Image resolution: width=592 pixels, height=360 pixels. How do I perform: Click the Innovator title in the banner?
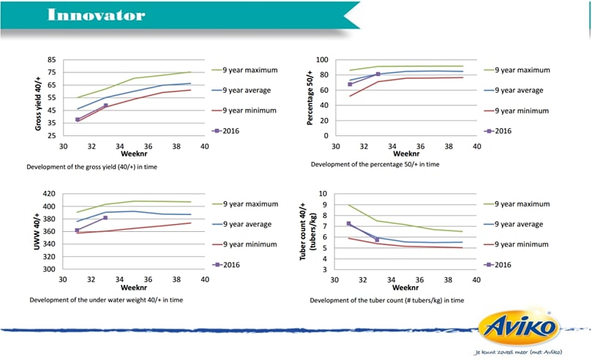tap(97, 15)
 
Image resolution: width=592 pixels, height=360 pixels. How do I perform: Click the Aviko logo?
tap(518, 327)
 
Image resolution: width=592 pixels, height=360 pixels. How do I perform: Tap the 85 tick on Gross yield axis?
tap(52, 59)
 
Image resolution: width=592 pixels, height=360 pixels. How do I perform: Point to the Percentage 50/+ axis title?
tap(310, 98)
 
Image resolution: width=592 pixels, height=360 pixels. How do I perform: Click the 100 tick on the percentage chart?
tap(322, 59)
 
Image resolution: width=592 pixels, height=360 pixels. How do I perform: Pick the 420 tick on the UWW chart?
tap(49, 194)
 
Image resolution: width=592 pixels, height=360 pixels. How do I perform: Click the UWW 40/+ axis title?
tap(37, 231)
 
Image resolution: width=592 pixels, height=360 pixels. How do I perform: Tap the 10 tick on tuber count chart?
tap(323, 194)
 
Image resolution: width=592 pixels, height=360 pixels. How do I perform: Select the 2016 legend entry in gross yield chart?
tap(226, 131)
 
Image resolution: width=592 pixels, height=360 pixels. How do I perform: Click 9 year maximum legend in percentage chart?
tap(517, 70)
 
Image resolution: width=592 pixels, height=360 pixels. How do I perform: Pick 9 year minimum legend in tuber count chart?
tap(516, 244)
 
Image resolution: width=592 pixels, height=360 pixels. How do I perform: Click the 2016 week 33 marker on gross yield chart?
tap(105, 105)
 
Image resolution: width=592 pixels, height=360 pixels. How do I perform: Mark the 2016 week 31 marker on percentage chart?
tap(350, 84)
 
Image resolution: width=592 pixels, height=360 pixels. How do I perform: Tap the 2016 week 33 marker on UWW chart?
tap(105, 218)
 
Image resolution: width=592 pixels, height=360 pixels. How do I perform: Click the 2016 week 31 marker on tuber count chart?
tap(348, 223)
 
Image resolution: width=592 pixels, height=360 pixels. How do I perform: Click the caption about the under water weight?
tap(106, 300)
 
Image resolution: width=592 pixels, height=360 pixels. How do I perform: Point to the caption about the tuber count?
tap(387, 301)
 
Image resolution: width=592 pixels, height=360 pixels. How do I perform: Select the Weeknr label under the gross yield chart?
tap(134, 154)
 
